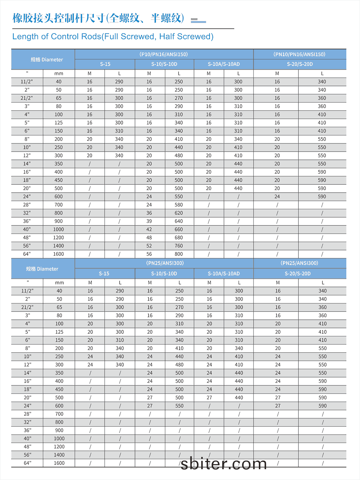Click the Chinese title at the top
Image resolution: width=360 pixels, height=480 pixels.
(98, 18)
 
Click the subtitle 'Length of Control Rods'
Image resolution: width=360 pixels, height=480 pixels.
(113, 36)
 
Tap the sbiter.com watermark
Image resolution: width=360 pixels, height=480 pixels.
(224, 463)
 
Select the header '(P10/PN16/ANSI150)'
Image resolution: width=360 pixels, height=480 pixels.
(164, 54)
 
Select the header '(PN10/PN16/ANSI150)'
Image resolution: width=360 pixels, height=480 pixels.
(300, 54)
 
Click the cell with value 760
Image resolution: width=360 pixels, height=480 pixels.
(179, 246)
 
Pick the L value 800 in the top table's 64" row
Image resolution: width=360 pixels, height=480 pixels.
(179, 254)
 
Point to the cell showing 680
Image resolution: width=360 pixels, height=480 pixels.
(179, 238)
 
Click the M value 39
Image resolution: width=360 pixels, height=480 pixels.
(149, 221)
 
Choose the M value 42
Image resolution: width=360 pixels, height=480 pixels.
(149, 229)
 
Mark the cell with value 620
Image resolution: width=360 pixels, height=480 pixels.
(179, 213)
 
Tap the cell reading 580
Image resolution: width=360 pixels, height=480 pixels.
(179, 205)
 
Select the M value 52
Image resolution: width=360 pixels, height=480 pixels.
(149, 246)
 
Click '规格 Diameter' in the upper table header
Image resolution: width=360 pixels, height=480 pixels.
(47, 60)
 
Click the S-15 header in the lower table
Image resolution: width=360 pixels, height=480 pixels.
(104, 274)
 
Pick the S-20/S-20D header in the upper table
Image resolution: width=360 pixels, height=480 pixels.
(300, 64)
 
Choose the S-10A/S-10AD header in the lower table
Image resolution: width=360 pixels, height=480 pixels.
(224, 274)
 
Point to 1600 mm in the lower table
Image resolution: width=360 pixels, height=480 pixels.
(59, 463)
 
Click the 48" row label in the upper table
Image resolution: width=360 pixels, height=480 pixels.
(27, 238)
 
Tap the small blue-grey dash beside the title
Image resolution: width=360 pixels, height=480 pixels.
(198, 21)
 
